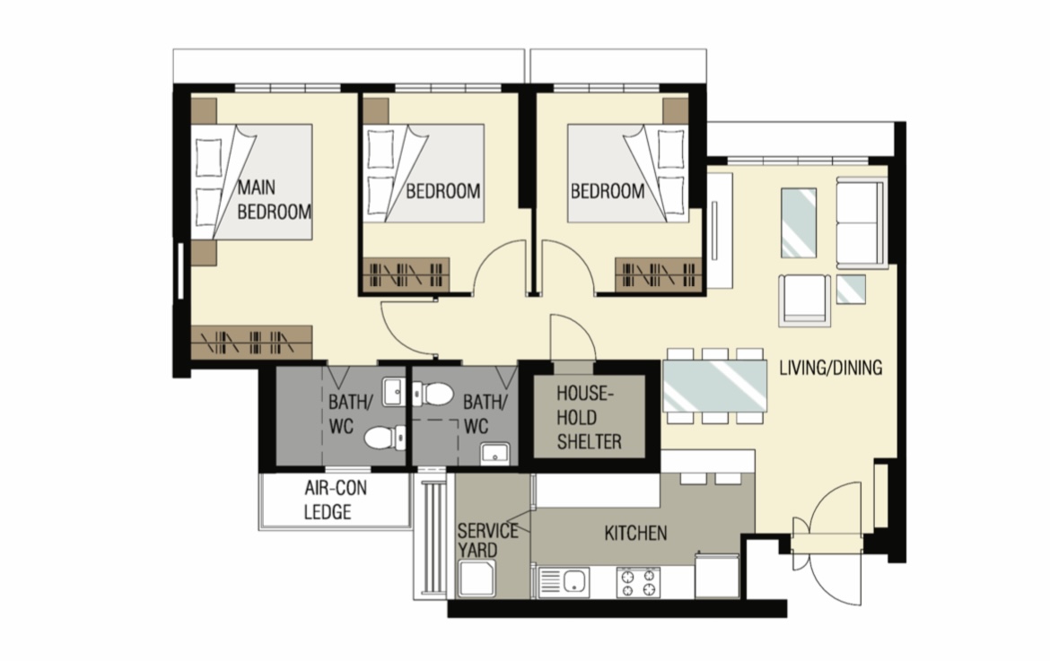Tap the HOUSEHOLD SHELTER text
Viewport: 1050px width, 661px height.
589,417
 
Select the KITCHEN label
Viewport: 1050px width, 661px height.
635,534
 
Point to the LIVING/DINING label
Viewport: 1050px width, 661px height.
830,367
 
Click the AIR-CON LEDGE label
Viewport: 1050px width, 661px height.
335,500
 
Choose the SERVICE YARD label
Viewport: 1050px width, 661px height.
487,539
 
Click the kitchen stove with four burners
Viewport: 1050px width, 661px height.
637,582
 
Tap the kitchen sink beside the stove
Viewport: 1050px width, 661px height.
563,583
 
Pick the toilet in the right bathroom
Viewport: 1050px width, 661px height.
435,394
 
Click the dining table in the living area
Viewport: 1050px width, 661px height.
715,386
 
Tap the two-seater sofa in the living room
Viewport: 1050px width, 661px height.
862,222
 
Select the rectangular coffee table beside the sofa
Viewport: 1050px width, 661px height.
798,222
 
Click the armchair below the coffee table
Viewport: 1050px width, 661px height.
803,298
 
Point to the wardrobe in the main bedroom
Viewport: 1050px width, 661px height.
250,341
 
